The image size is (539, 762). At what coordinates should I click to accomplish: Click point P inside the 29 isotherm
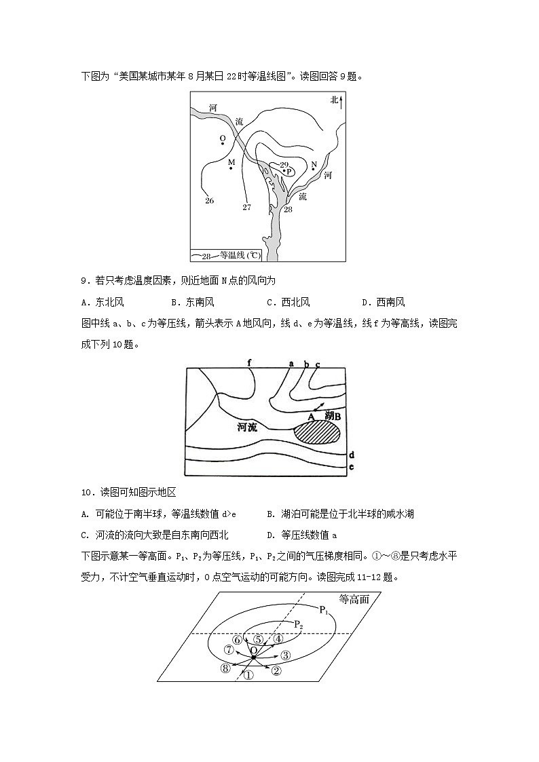(288, 172)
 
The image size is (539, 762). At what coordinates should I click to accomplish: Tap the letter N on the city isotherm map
(314, 165)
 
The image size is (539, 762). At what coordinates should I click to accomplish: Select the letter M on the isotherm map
(231, 163)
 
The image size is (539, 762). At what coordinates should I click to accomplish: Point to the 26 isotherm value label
(209, 200)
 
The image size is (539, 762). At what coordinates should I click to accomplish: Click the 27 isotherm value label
(246, 207)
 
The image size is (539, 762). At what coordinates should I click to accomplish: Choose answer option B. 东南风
(192, 302)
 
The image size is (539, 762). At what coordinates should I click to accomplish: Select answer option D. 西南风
(383, 302)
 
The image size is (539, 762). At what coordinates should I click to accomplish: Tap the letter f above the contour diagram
(250, 363)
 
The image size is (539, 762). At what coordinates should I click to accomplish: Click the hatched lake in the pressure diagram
(316, 432)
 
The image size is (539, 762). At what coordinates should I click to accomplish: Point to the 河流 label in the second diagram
(248, 427)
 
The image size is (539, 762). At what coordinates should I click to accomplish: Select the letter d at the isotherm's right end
(351, 455)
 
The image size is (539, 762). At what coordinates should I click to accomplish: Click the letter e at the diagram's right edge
(351, 467)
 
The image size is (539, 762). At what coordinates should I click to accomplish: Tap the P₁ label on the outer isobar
(324, 609)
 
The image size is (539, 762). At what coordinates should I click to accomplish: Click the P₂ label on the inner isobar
(299, 624)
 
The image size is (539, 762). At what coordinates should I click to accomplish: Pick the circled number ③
(285, 655)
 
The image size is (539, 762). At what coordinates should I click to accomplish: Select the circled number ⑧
(225, 668)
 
